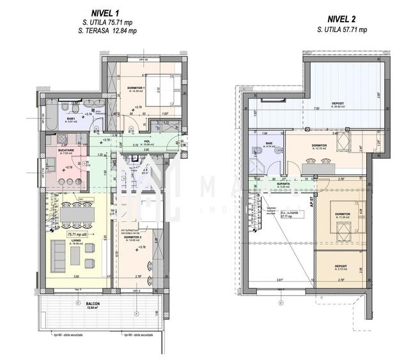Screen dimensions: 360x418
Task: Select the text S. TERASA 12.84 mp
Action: click(107, 30)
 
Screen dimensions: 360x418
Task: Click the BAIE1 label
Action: click(69, 119)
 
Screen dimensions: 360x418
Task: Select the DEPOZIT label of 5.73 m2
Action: click(340, 266)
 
